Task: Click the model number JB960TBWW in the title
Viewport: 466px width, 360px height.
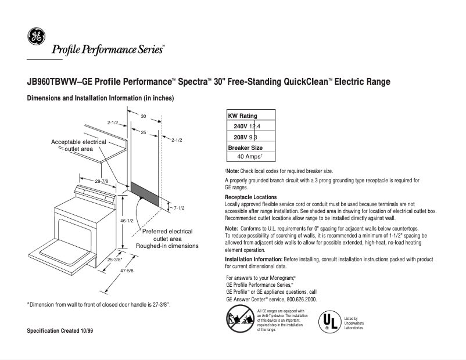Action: coord(52,82)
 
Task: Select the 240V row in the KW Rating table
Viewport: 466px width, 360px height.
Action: coord(250,127)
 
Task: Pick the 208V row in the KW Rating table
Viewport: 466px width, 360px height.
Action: coord(250,137)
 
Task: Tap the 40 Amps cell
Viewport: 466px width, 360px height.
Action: coord(250,157)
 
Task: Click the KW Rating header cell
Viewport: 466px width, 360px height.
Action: coord(242,116)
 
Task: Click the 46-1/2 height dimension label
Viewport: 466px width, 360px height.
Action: coord(127,221)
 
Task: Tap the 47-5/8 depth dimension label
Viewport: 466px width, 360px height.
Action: coord(127,271)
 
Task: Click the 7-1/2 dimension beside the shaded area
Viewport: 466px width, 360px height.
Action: coord(179,208)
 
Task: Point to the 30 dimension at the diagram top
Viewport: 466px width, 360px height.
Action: coord(143,116)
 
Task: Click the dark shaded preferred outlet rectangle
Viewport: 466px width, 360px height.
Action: coord(144,192)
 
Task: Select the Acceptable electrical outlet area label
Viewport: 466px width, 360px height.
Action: coord(78,145)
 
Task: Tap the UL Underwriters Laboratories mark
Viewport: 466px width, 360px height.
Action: coord(329,321)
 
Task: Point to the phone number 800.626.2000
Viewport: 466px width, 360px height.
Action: coord(299,299)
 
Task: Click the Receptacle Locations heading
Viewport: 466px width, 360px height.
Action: coord(250,197)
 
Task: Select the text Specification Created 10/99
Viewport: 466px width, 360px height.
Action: coord(60,331)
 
